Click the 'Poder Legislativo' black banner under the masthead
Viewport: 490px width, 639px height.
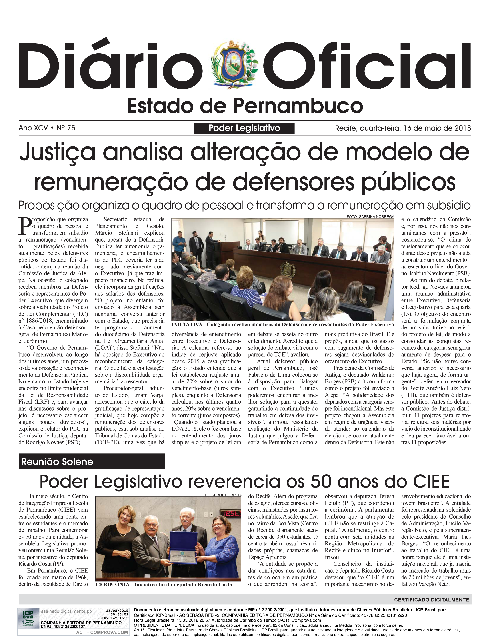click(x=244, y=128)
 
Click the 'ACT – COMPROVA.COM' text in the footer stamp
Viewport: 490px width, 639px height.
click(x=102, y=632)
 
